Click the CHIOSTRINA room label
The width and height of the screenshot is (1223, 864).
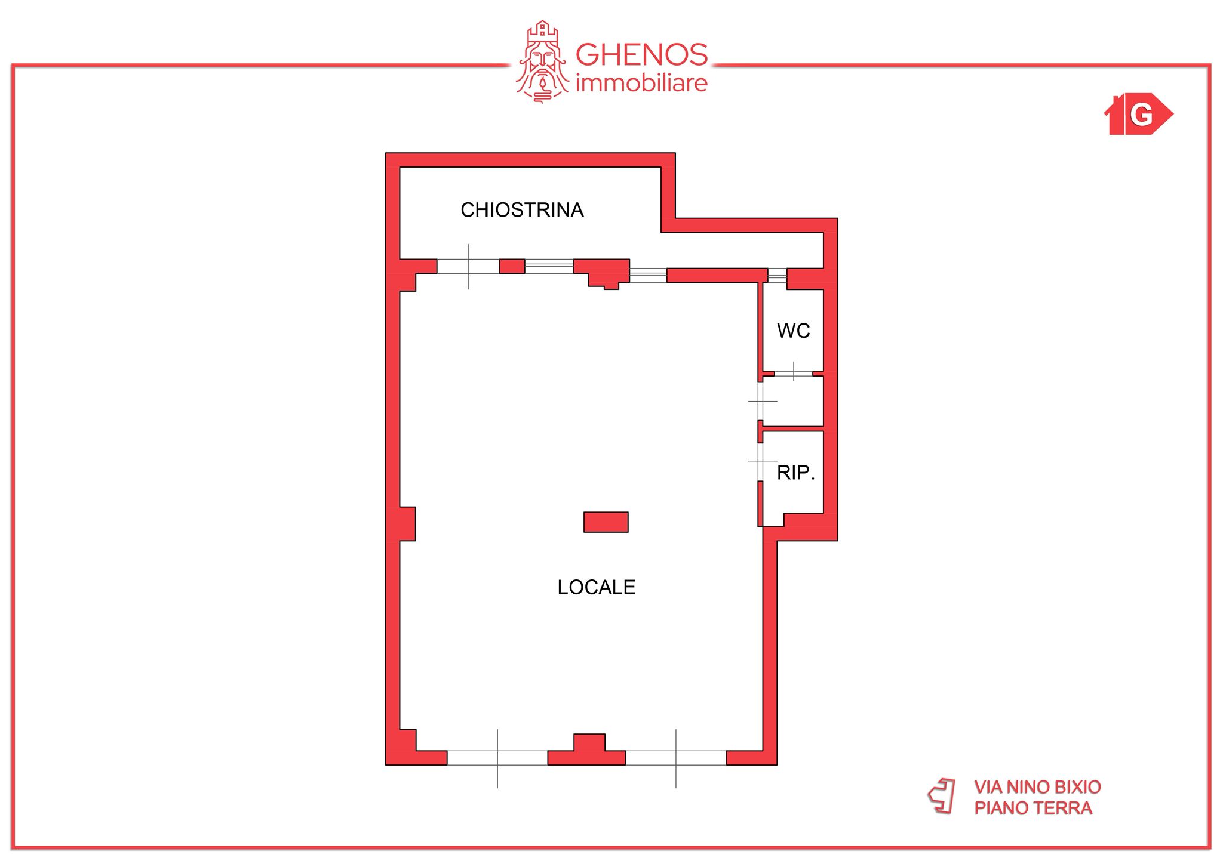522,210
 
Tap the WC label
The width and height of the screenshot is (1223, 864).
794,331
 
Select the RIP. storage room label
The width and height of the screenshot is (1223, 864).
795,473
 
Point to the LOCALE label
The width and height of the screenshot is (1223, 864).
596,587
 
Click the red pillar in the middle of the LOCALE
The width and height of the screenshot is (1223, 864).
606,522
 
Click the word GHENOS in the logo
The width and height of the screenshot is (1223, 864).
642,55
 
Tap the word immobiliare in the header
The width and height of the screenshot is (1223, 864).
641,84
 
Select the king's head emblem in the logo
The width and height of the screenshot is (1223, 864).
542,62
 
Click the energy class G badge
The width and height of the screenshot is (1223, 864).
1139,114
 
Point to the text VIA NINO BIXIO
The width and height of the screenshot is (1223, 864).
1037,787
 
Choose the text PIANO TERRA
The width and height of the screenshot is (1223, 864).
1033,808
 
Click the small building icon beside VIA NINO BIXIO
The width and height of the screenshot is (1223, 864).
942,795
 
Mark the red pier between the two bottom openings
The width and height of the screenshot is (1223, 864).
587,751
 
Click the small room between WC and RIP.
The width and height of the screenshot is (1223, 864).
793,401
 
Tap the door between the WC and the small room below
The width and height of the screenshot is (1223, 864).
794,374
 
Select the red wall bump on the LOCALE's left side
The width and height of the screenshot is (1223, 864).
407,524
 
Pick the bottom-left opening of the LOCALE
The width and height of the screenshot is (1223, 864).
497,758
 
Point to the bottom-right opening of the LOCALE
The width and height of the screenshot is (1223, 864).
676,758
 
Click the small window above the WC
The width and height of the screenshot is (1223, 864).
777,275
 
